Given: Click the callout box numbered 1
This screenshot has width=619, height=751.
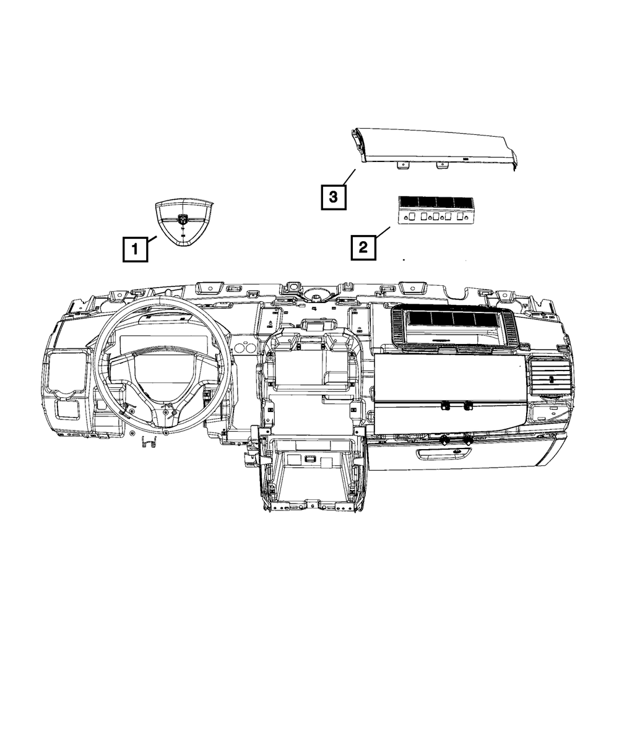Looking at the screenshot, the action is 135,249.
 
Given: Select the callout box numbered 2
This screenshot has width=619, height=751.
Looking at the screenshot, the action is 363,247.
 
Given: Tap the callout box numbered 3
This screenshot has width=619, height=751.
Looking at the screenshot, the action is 333,197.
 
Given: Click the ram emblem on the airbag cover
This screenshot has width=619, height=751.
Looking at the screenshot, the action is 183,218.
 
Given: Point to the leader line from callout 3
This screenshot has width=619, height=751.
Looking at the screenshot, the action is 349,178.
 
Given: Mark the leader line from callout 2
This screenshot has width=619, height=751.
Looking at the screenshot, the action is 383,231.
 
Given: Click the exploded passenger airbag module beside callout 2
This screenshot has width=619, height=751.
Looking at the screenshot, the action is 435,210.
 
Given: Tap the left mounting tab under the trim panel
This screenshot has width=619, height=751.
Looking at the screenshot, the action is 403,165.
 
